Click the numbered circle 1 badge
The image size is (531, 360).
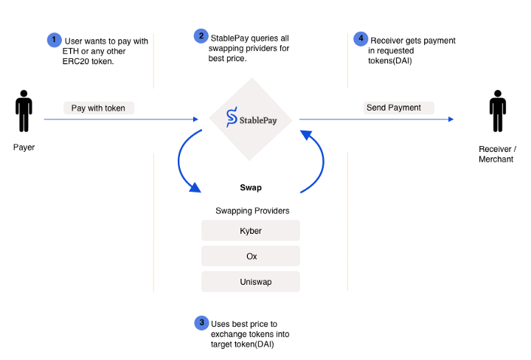coord(54,40)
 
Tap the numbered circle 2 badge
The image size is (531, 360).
coord(201,35)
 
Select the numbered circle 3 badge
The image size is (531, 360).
coord(201,322)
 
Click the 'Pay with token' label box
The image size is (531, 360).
coord(98,108)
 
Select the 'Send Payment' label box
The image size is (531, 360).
coord(393,108)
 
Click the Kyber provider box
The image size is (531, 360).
coord(251,231)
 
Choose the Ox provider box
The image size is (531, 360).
coord(251,256)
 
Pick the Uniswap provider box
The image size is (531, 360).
coord(251,281)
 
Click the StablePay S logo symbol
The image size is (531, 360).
coord(231,117)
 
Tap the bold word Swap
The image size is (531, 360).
coord(251,187)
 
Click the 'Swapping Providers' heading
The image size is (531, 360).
coord(252,211)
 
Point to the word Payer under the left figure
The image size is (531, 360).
coord(24,148)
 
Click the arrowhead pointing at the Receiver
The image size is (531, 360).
coord(449,118)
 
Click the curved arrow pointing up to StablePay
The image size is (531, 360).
coord(316,159)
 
